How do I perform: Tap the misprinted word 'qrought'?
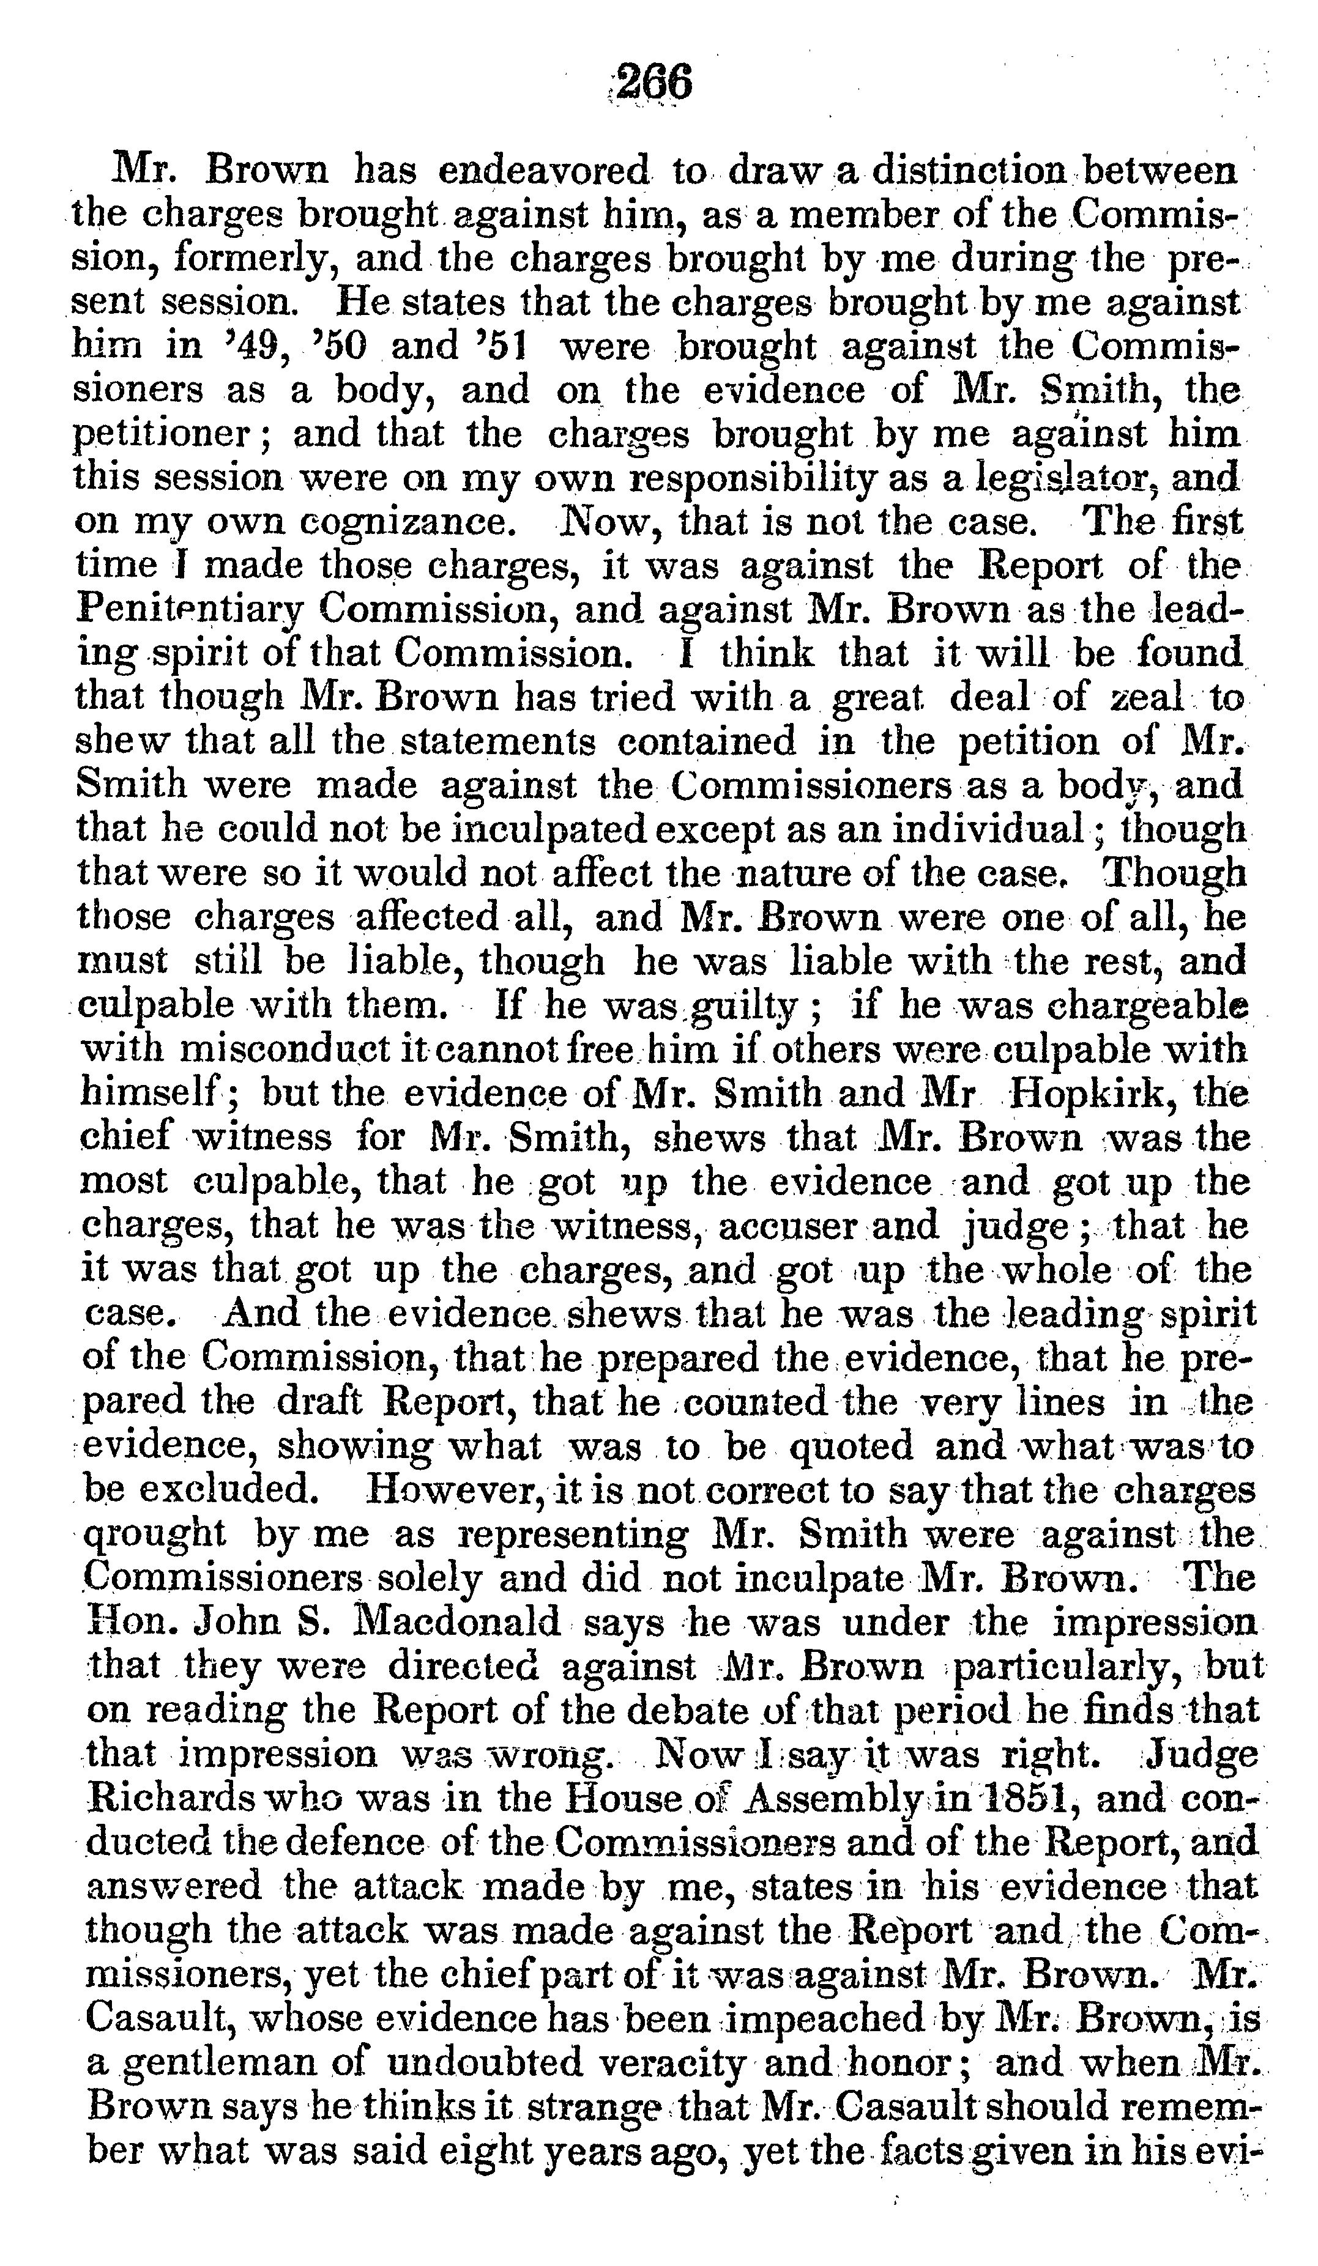click(153, 1534)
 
